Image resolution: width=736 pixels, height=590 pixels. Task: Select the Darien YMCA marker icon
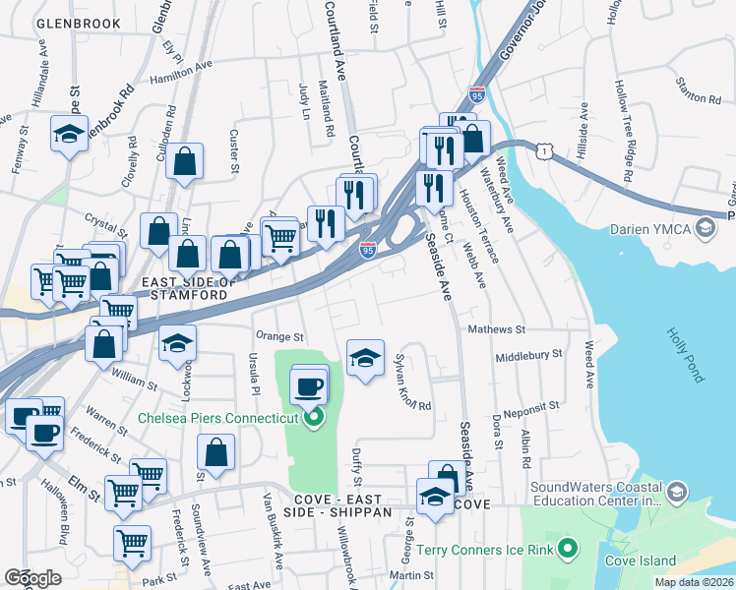tap(704, 229)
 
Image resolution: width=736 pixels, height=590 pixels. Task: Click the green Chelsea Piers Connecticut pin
tap(314, 421)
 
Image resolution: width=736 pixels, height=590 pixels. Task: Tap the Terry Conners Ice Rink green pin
tap(567, 547)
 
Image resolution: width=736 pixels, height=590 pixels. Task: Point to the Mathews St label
tap(497, 329)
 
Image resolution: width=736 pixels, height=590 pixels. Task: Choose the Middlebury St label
tap(528, 355)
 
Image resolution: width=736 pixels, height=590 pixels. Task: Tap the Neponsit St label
tap(530, 405)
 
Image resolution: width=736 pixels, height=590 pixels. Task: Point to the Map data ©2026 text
tap(694, 582)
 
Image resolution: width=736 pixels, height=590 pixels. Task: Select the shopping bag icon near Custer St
tap(184, 161)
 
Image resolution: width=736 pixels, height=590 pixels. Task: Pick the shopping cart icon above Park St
tap(132, 541)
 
